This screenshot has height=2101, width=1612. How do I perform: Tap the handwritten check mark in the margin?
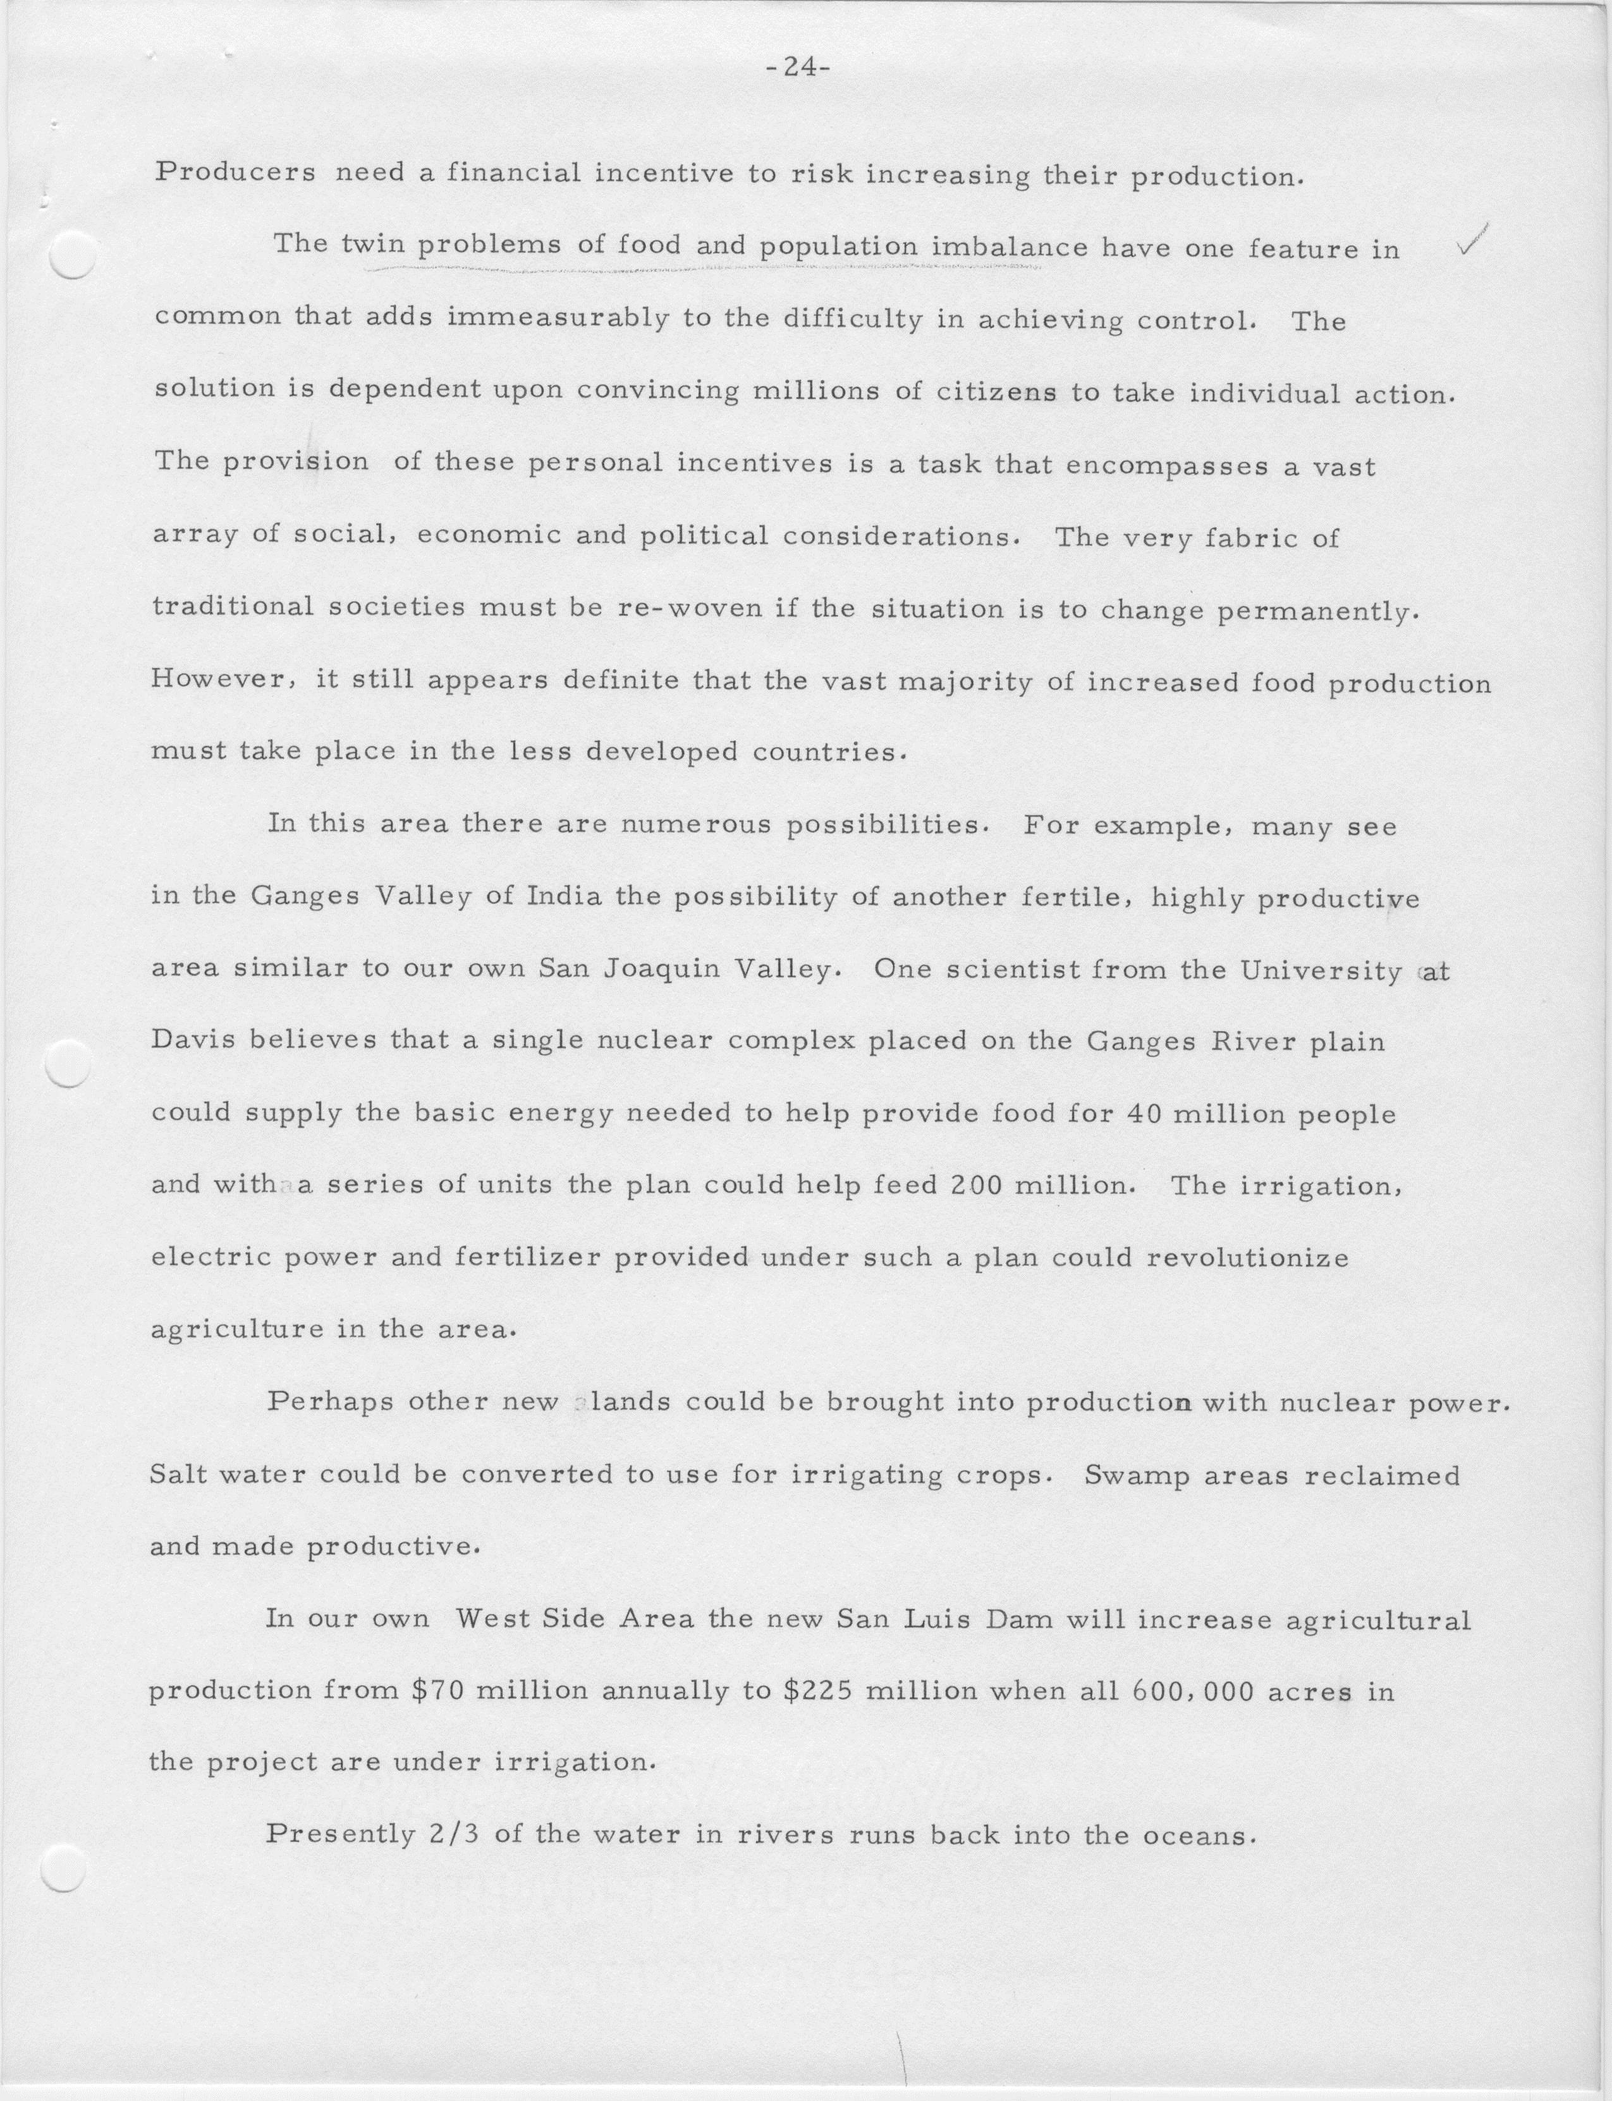(1470, 241)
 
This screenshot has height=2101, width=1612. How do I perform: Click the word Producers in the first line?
(235, 174)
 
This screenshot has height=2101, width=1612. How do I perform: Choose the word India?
(564, 897)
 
